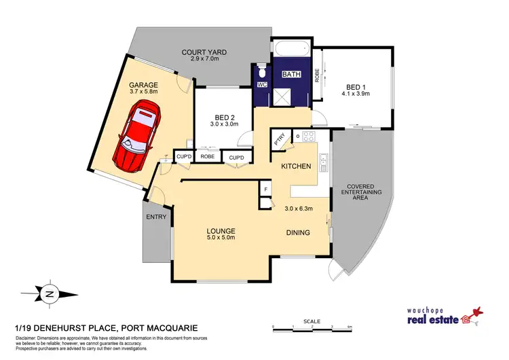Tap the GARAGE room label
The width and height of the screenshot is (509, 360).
[143, 86]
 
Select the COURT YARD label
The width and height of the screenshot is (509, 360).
[204, 52]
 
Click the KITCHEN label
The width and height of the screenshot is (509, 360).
[297, 166]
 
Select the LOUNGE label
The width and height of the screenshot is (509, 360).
[221, 231]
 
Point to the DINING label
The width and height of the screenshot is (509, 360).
[297, 233]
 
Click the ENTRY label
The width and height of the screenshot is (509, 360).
[155, 217]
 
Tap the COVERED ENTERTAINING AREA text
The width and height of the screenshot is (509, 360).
[365, 192]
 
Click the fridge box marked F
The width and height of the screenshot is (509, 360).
[266, 189]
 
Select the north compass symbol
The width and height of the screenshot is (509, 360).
[49, 294]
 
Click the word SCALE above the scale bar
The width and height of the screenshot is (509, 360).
[312, 320]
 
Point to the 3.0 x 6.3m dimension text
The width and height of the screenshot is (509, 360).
[299, 209]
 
